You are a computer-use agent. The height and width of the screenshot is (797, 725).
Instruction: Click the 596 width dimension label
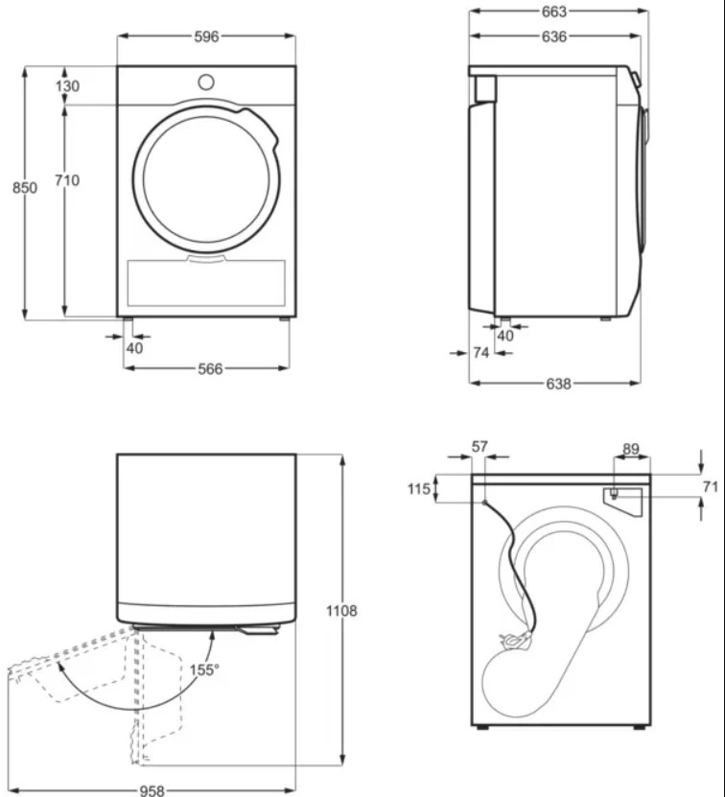[206, 36]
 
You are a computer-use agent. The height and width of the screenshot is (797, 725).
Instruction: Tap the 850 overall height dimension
[25, 188]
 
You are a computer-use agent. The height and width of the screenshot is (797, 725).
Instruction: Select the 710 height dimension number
[67, 180]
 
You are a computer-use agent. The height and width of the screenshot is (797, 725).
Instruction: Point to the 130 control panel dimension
[68, 86]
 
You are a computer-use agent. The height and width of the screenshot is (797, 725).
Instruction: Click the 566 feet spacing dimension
[210, 368]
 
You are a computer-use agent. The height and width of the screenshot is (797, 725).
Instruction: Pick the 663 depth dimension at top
[553, 12]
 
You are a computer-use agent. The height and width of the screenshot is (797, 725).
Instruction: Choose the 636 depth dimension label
[553, 36]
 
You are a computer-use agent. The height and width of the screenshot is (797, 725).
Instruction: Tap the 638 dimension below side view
[558, 384]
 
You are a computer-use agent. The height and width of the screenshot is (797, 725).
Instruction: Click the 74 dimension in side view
[481, 352]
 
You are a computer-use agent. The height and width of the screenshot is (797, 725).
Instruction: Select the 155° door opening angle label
[204, 670]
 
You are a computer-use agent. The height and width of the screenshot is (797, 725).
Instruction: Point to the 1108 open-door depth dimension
[341, 610]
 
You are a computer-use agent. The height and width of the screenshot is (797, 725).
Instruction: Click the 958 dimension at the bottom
[152, 790]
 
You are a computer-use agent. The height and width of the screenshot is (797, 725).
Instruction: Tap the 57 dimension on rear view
[479, 446]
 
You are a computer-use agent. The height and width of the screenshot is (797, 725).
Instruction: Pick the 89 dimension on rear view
[631, 449]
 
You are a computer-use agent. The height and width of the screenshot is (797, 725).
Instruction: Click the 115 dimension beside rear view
[419, 489]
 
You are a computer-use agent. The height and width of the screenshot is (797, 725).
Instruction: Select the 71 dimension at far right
[711, 486]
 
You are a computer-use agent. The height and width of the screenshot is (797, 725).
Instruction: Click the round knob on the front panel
[206, 82]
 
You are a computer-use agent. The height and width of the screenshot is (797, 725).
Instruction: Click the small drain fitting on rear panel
[614, 494]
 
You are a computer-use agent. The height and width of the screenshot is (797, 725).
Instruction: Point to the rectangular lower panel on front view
[206, 283]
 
